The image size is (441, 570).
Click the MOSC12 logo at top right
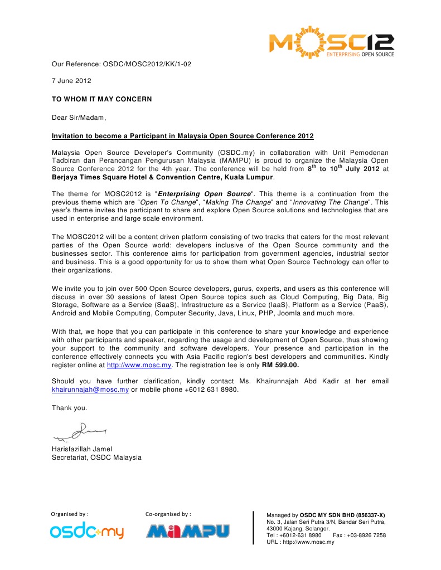coord(332,42)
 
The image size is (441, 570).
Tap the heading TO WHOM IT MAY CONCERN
coord(101,99)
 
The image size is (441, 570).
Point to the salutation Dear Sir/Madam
coord(79,117)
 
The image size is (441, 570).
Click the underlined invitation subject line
coord(182,135)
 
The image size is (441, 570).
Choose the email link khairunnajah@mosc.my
coord(90,389)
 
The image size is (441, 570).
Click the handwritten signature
coord(80,431)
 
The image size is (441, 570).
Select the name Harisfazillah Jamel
coord(82,449)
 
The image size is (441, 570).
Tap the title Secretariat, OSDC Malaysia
coord(96,457)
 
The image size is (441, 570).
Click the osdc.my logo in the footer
coord(87,532)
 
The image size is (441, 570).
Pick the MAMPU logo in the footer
coord(187,531)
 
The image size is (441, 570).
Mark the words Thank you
coord(70,408)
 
